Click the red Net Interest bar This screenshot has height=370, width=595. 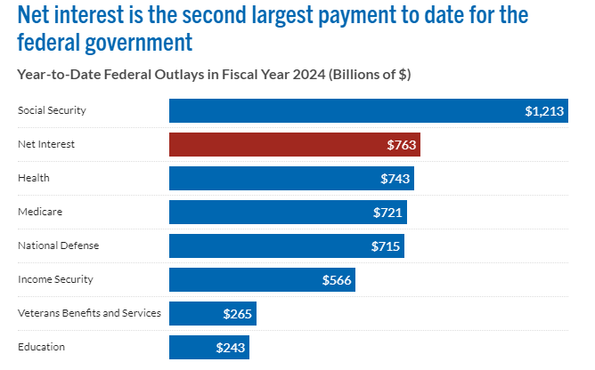(294, 144)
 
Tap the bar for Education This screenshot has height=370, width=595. (208, 347)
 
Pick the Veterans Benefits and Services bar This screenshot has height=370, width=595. (212, 313)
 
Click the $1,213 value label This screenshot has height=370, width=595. (543, 111)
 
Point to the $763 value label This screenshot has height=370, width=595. (402, 145)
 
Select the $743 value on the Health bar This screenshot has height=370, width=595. (395, 179)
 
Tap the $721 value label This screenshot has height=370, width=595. (387, 213)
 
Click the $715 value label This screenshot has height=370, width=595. (386, 246)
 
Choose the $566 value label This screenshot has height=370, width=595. (337, 280)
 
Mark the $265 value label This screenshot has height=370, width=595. (238, 314)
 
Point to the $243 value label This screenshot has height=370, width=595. (230, 348)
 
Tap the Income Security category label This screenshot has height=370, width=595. (55, 279)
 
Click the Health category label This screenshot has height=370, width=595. (33, 178)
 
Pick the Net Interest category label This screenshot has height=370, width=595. (45, 144)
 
